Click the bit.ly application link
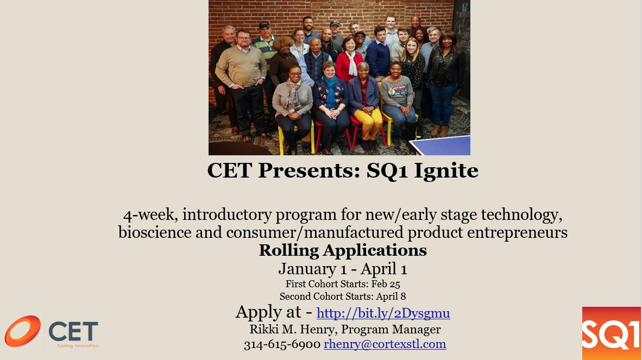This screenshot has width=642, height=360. click(x=383, y=313)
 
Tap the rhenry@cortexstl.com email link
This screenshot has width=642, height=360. click(x=385, y=344)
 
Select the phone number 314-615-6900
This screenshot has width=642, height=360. click(x=282, y=344)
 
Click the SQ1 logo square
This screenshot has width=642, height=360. click(x=611, y=333)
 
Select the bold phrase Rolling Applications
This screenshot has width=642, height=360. click(x=343, y=250)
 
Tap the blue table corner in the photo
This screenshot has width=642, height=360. click(x=443, y=146)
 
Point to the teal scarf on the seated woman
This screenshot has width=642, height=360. click(x=330, y=92)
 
